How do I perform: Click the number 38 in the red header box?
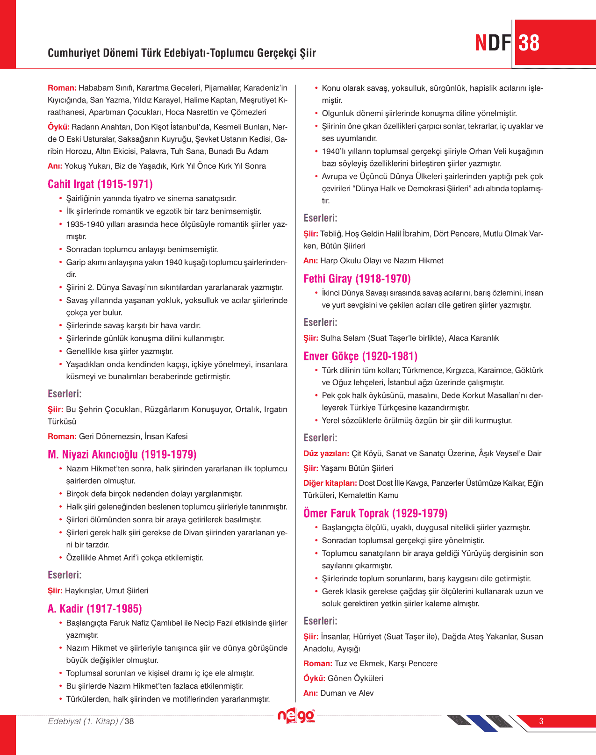529,43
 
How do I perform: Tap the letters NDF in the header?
493,43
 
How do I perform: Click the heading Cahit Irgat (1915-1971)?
100,184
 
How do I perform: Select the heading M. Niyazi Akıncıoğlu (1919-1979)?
122,454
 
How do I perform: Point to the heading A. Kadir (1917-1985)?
94,609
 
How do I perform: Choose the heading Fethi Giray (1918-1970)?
357,279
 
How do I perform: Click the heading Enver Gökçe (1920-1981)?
360,356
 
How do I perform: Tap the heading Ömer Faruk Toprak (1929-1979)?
375,513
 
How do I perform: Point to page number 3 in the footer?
541,721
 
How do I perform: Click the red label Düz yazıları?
326,453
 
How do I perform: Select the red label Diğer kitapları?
330,483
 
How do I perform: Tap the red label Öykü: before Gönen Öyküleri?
314,678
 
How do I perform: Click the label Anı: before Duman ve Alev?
310,693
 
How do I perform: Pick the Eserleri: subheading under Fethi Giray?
320,323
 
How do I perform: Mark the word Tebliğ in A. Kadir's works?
331,234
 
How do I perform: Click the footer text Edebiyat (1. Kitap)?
83,721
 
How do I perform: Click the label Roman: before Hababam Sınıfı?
62,88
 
